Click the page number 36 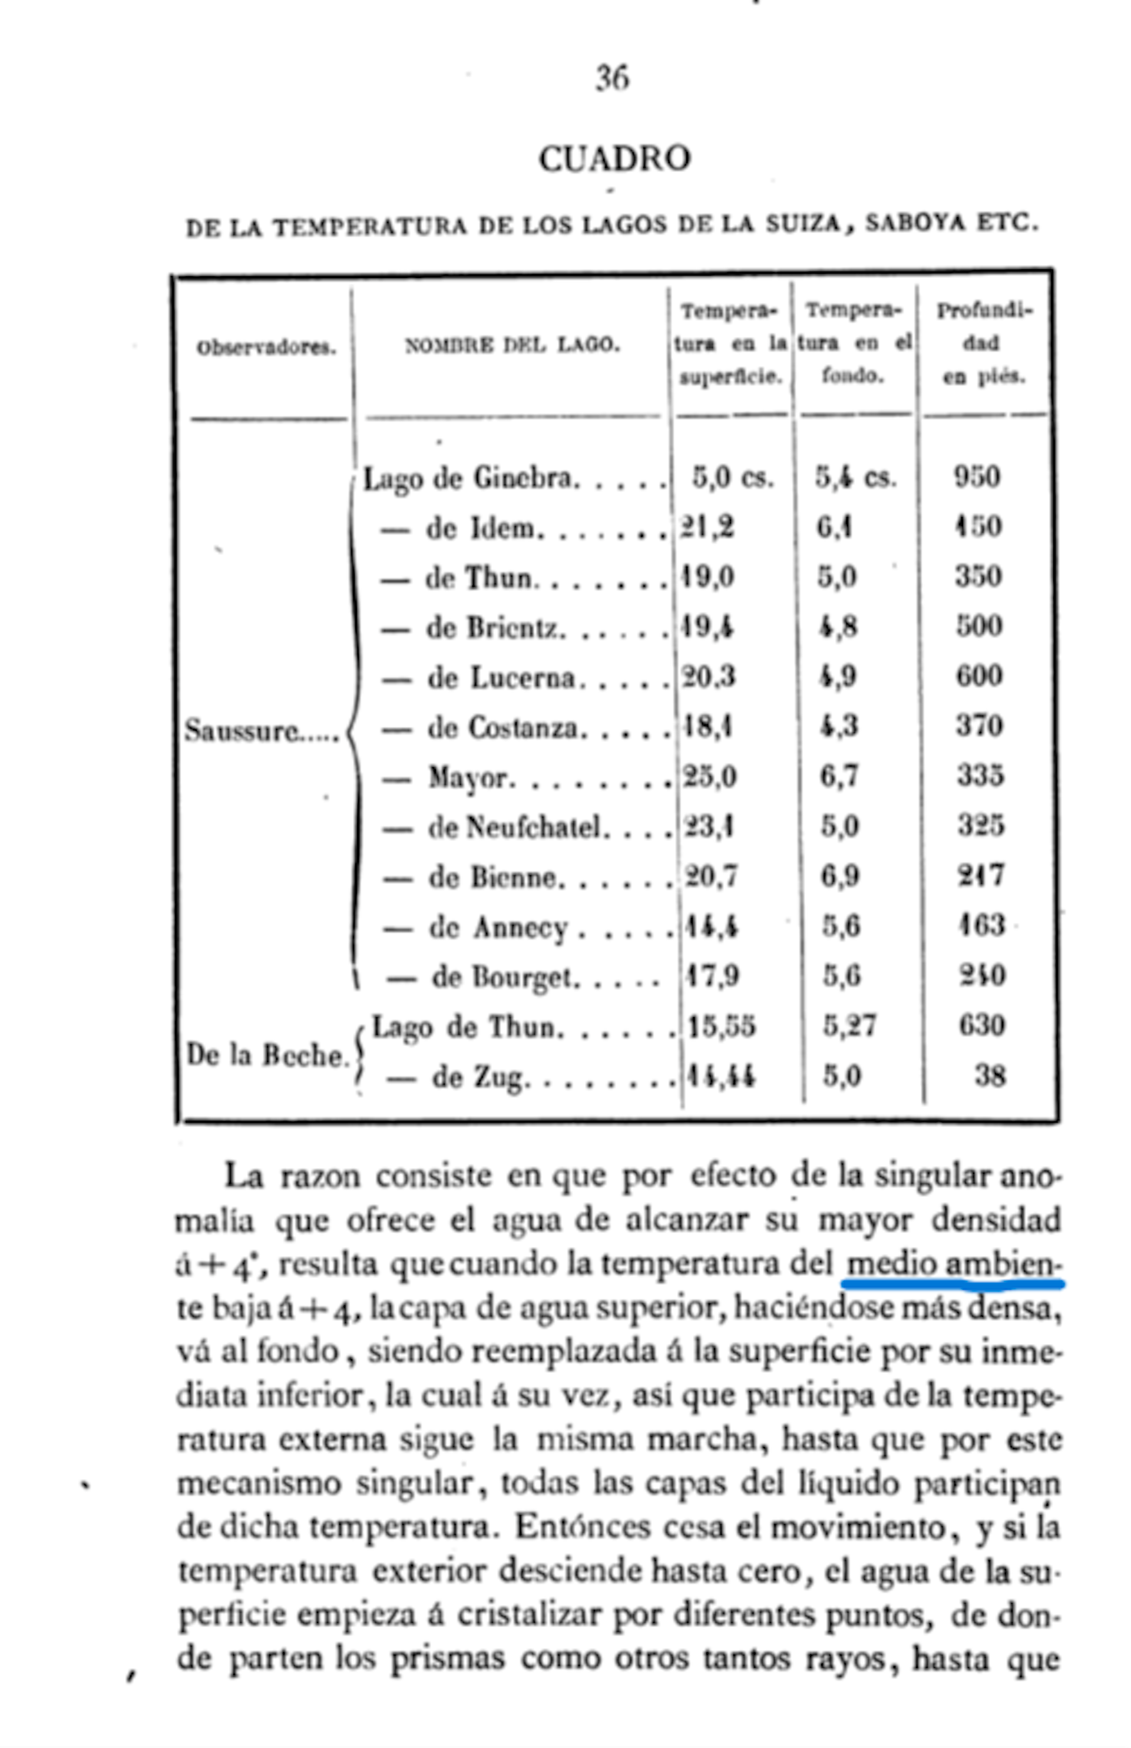(612, 78)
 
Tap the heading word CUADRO (615, 158)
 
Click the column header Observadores (266, 347)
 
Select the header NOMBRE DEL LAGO (512, 345)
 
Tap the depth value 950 (977, 476)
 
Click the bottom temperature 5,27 (849, 1025)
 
